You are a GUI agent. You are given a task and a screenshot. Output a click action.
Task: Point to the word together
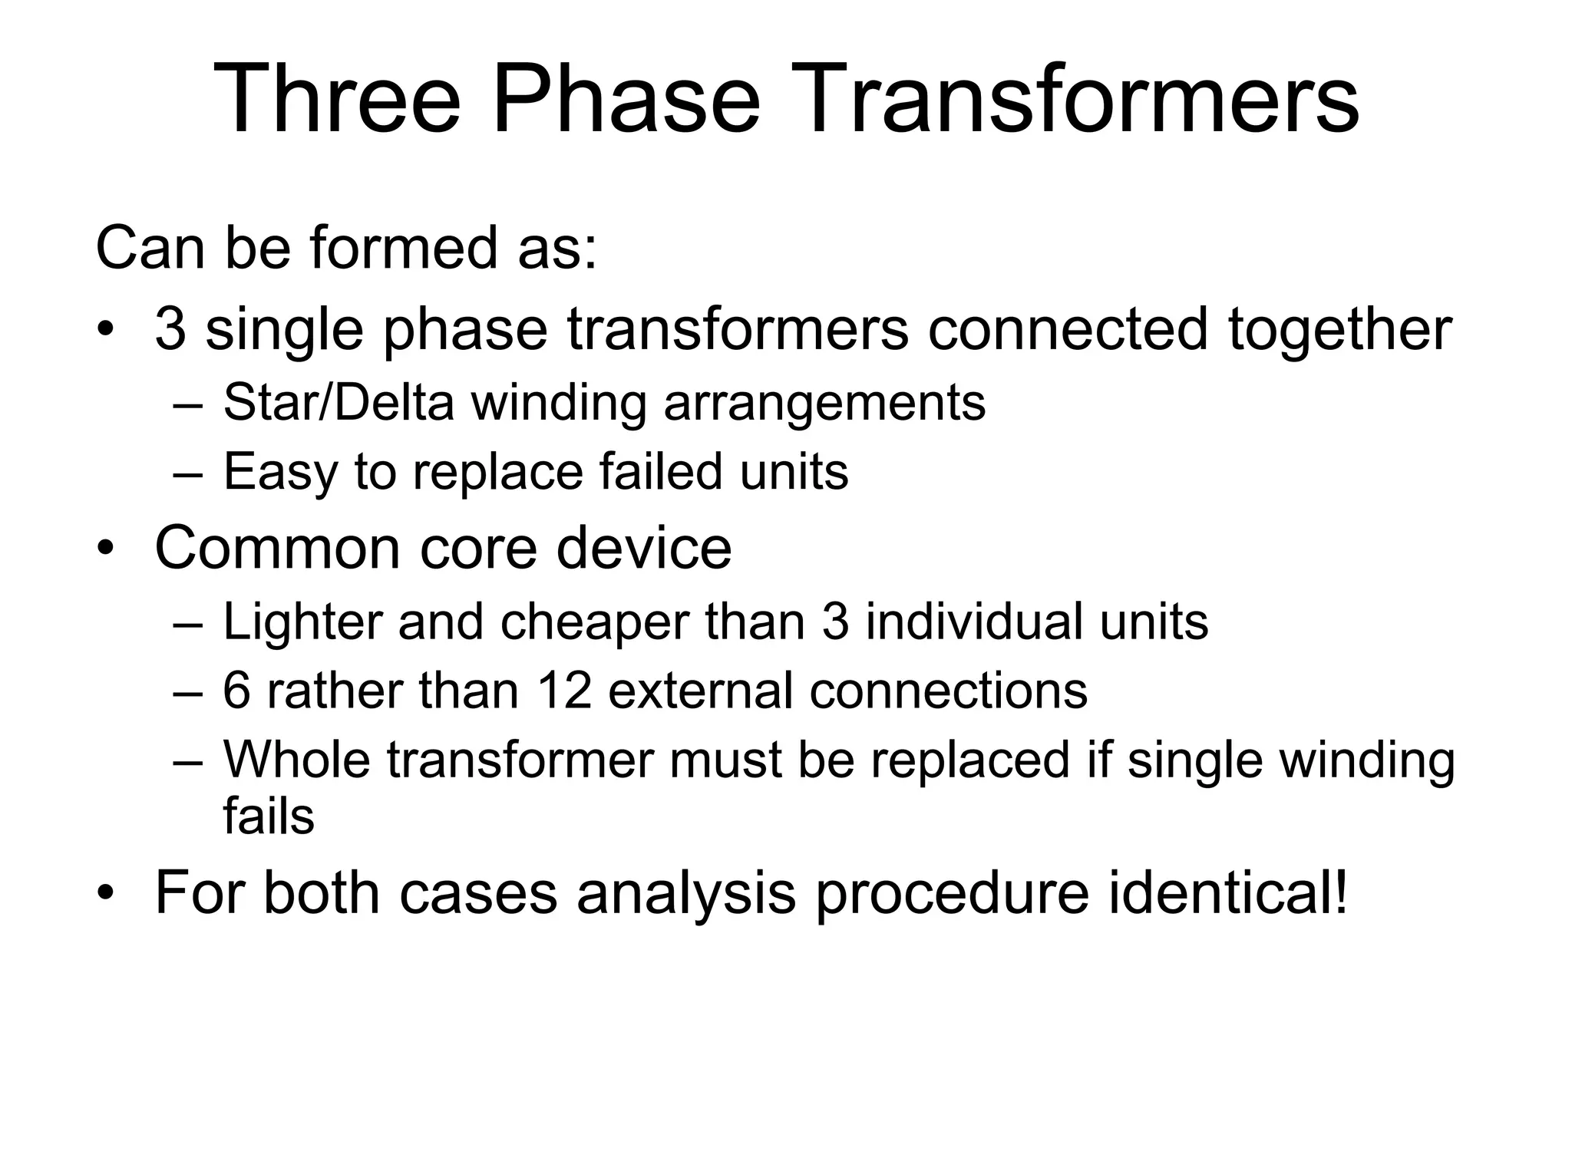point(1340,331)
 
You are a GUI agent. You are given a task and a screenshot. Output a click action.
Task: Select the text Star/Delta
point(339,402)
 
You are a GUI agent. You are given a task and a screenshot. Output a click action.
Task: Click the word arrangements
point(824,402)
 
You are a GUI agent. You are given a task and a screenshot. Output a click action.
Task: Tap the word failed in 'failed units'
point(661,471)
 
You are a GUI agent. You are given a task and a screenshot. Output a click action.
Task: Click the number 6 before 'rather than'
point(236,690)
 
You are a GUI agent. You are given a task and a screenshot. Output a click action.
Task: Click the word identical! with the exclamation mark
point(1228,892)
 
